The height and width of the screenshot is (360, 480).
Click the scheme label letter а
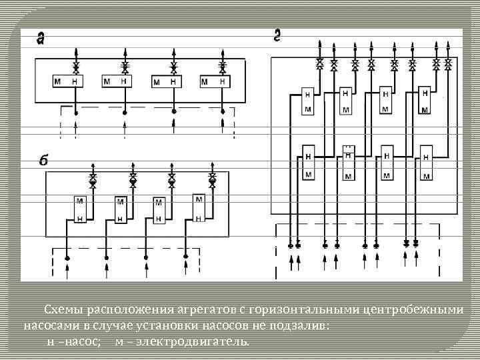pyautogui.click(x=40, y=39)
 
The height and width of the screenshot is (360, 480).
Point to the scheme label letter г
pyautogui.click(x=277, y=35)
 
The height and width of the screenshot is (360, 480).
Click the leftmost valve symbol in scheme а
pyautogui.click(x=75, y=67)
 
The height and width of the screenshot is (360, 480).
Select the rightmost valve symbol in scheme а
pyautogui.click(x=223, y=67)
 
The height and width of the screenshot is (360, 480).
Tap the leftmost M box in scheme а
pyautogui.click(x=59, y=81)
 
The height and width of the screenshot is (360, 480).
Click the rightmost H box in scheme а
pyautogui.click(x=223, y=81)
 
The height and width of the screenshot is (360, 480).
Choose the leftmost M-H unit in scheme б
pyautogui.click(x=79, y=209)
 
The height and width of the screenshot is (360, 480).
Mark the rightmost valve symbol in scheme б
pyautogui.click(x=212, y=179)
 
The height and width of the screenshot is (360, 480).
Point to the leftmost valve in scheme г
pyautogui.click(x=320, y=65)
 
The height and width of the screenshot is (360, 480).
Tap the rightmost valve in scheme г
pyautogui.click(x=449, y=65)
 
